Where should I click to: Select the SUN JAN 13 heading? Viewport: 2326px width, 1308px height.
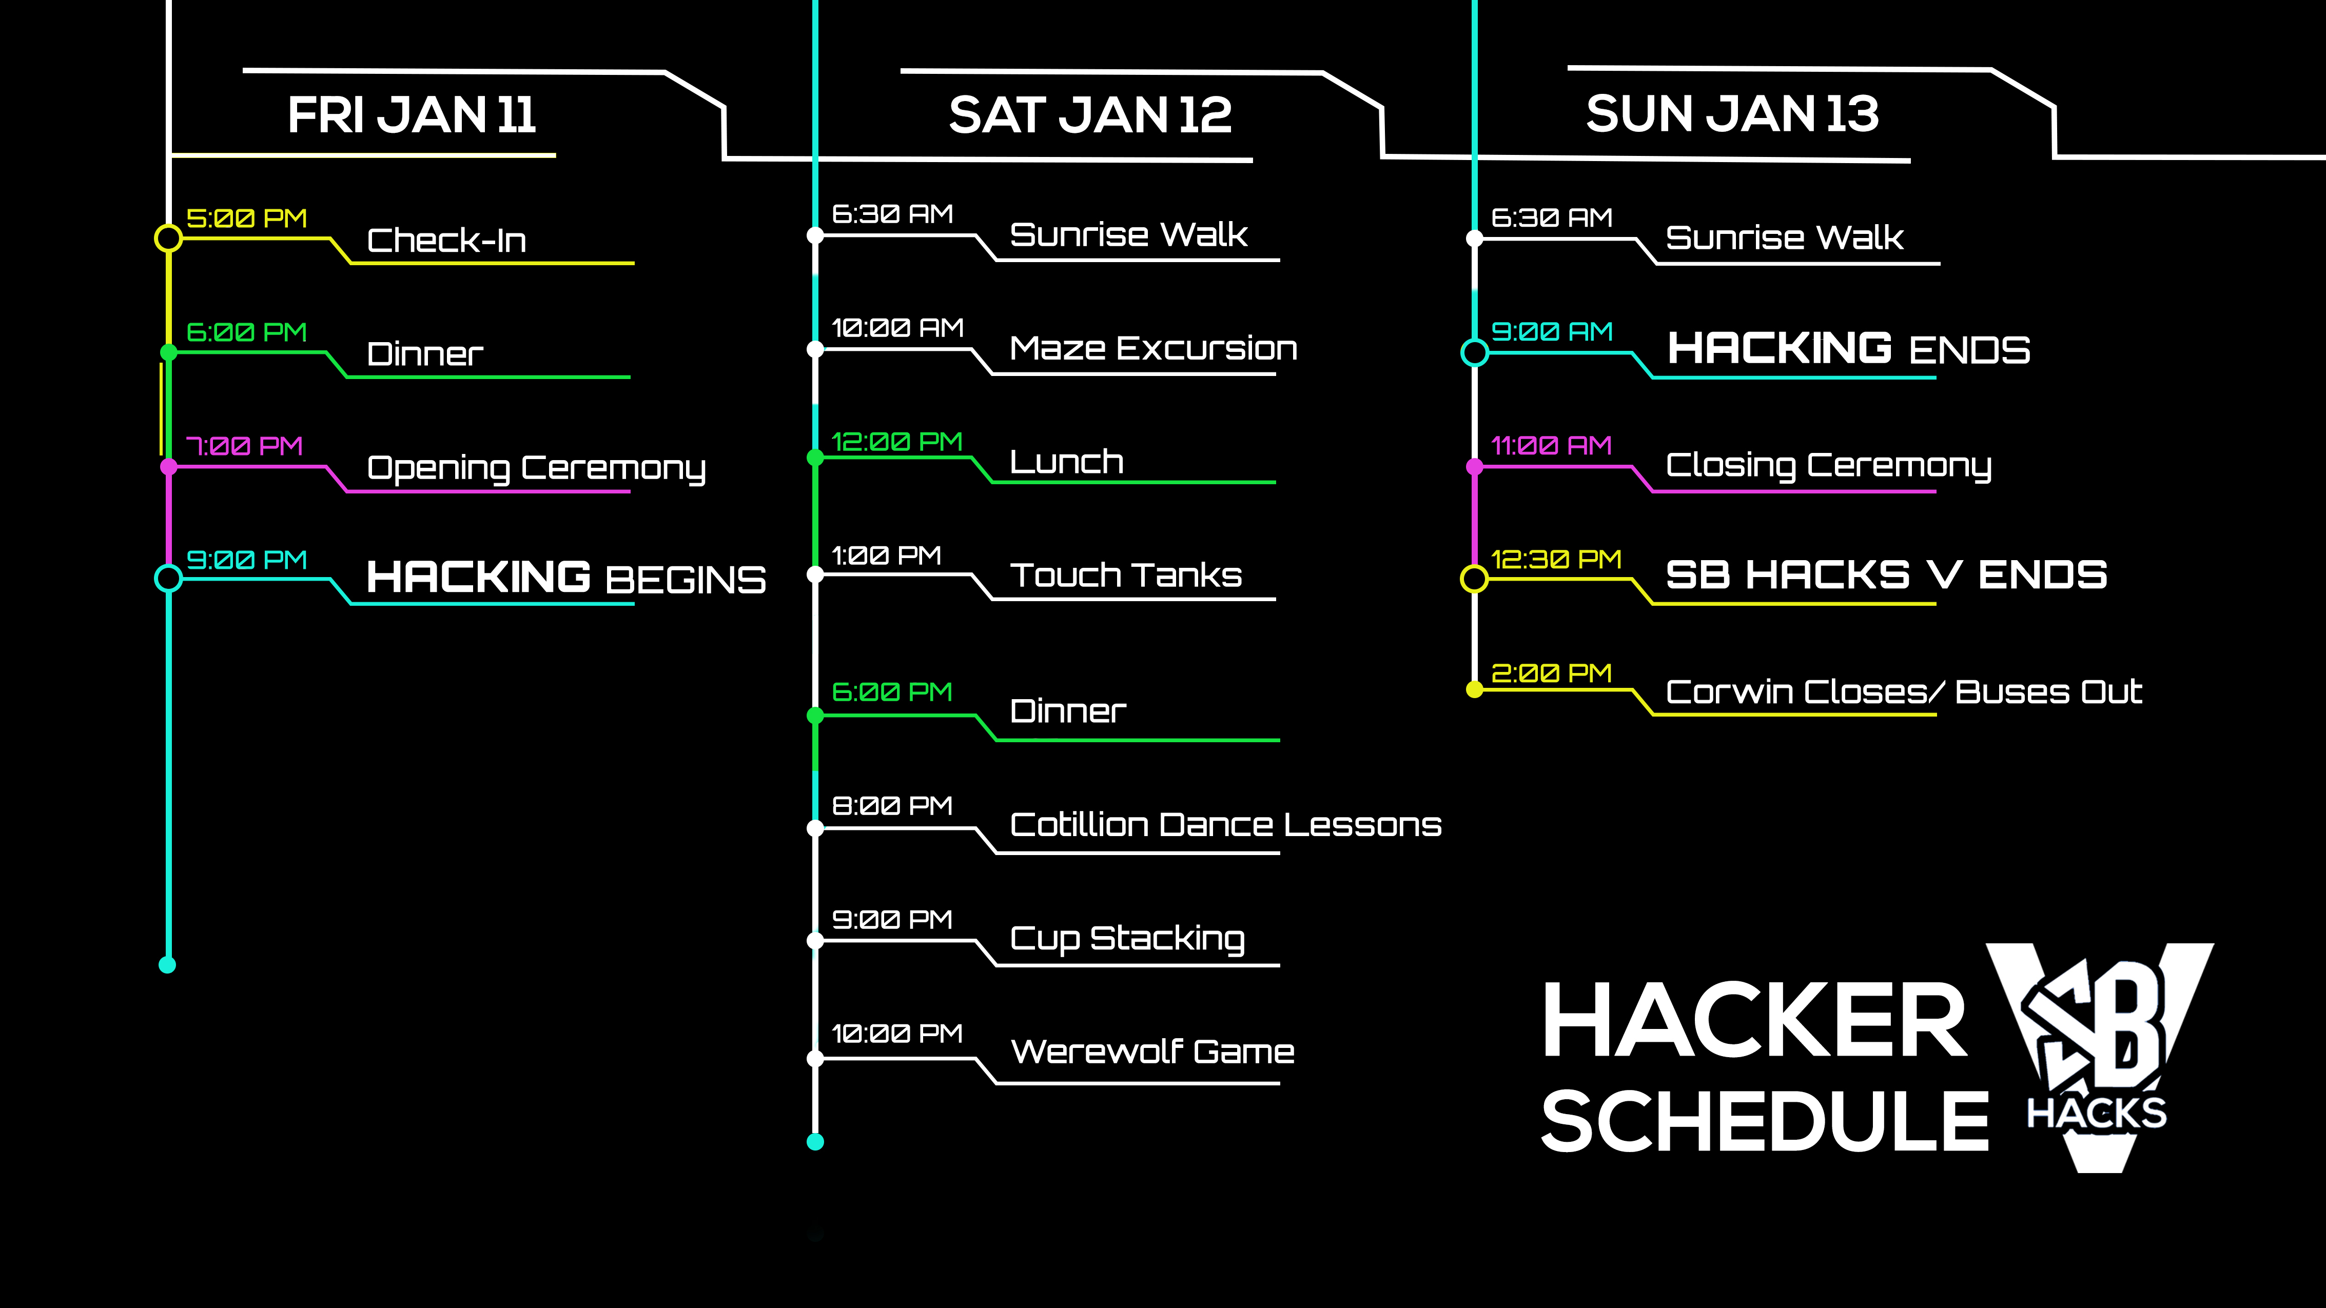click(1732, 114)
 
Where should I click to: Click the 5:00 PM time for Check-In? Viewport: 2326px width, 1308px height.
click(246, 219)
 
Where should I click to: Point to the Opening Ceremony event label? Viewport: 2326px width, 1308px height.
click(536, 468)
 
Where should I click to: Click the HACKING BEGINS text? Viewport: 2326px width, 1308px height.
click(566, 577)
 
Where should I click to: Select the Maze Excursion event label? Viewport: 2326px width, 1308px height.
click(1153, 348)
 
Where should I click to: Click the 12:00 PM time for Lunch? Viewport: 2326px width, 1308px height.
click(896, 442)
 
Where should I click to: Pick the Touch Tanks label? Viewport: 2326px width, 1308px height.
click(1126, 575)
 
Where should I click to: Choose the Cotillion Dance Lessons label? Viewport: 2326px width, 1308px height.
click(1225, 824)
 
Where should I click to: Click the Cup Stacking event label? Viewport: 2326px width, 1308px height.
click(1127, 939)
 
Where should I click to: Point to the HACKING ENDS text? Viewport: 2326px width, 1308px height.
click(1848, 348)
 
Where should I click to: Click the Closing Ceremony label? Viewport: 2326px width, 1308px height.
click(1828, 466)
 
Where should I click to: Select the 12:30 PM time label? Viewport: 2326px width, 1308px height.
click(1556, 560)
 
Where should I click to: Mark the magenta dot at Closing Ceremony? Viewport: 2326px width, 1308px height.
click(1475, 467)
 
